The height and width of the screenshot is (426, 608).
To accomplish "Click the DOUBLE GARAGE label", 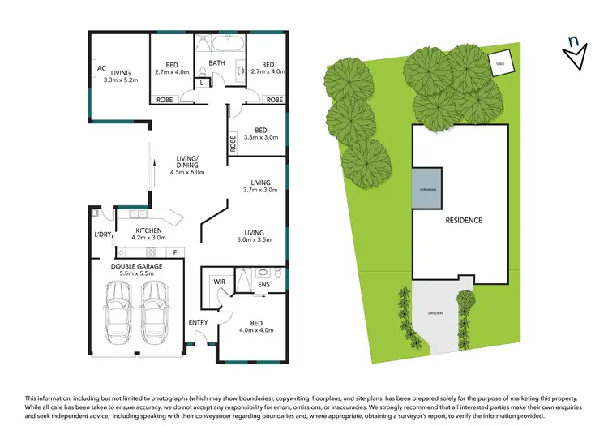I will (136, 265).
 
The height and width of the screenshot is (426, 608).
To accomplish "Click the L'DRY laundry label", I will (102, 235).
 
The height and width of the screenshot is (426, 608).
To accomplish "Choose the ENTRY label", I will (199, 322).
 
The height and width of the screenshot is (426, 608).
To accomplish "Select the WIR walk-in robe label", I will (219, 282).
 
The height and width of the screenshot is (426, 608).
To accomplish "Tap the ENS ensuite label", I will (263, 285).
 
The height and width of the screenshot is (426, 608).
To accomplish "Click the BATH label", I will (216, 62).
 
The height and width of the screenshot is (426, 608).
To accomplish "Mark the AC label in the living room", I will (101, 69).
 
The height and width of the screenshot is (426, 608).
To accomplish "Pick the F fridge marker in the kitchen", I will (175, 252).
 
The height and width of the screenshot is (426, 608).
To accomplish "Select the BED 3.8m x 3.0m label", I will (260, 134).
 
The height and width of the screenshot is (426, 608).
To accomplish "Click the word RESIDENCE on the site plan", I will (463, 220).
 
